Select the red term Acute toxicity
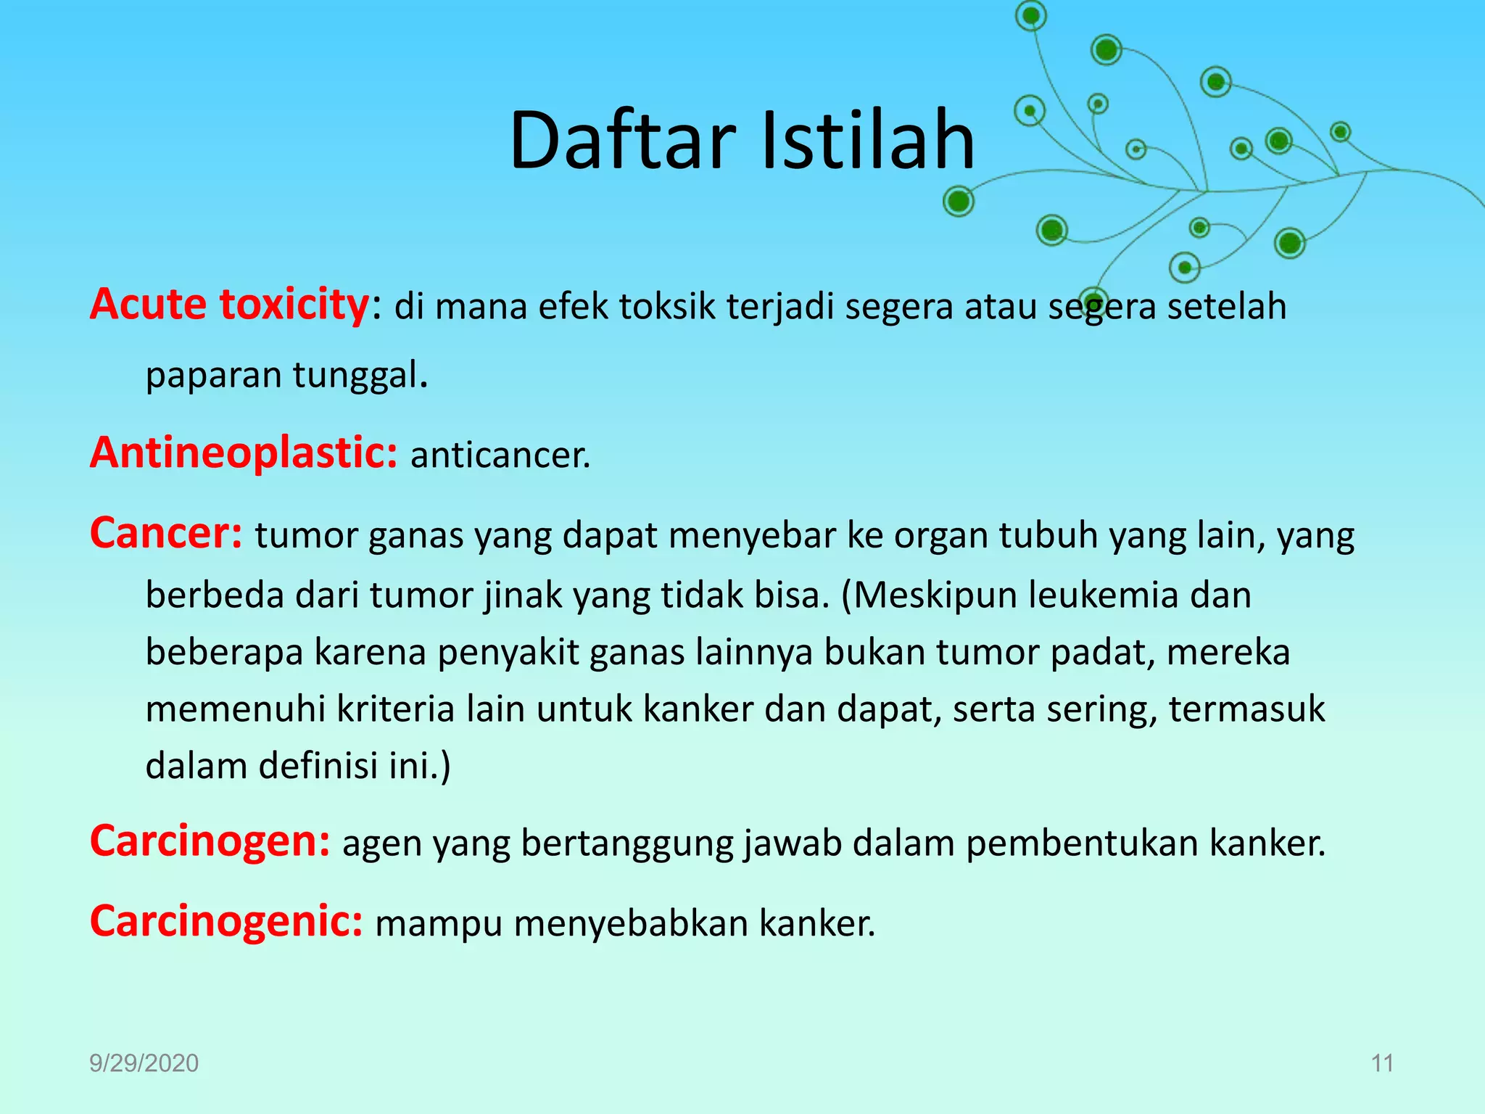point(229,304)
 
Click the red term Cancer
point(165,533)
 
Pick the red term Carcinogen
point(210,841)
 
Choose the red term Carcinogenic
point(226,921)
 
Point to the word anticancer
point(500,456)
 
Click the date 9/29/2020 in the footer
point(144,1063)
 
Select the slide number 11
point(1382,1063)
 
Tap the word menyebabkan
point(630,924)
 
